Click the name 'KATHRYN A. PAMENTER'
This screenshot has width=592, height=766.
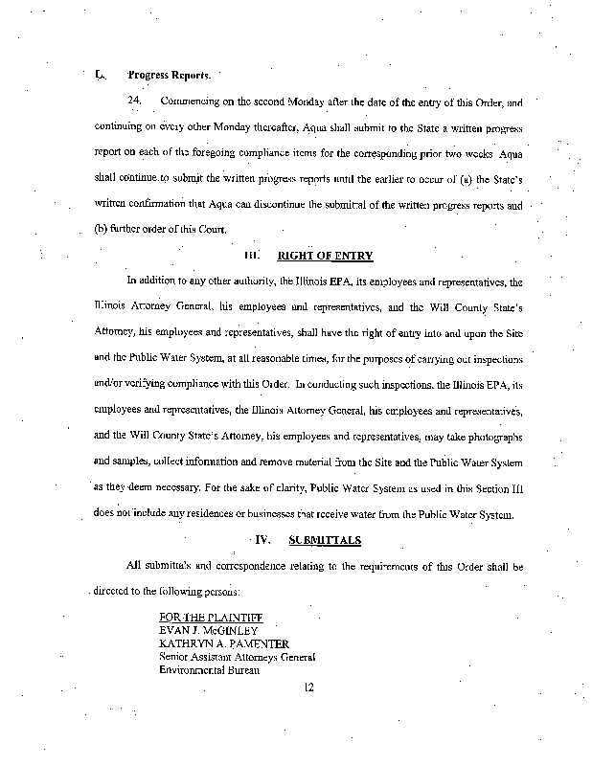coord(224,644)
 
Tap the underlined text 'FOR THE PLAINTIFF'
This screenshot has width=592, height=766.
coord(211,618)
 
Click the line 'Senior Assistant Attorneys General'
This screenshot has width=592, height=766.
coord(237,657)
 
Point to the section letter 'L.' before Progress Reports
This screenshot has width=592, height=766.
coord(100,74)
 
